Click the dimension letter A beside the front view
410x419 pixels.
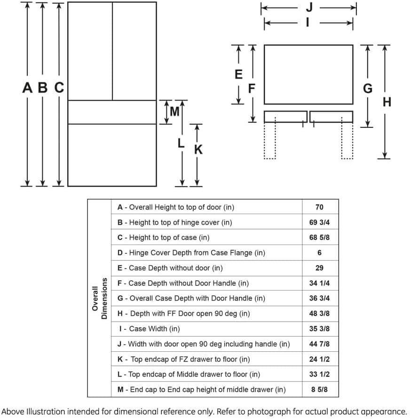[x=28, y=87]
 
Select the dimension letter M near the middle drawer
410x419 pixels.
[x=174, y=112]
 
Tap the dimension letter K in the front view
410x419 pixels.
[x=198, y=150]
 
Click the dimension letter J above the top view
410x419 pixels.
[x=309, y=8]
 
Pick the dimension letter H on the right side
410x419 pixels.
[x=386, y=102]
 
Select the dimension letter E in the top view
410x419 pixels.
[x=238, y=74]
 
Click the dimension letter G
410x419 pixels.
[x=368, y=88]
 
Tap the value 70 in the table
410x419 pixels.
[x=319, y=207]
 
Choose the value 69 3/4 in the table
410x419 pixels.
[x=319, y=222]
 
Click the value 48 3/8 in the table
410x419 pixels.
[x=319, y=314]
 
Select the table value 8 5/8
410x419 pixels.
[x=319, y=389]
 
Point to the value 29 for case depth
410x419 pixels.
[x=319, y=268]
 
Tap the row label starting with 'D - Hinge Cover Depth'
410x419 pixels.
[x=191, y=253]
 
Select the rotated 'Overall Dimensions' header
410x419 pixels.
[x=100, y=299]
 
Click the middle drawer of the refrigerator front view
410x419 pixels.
[x=112, y=112]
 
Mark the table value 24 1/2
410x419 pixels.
[x=319, y=359]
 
